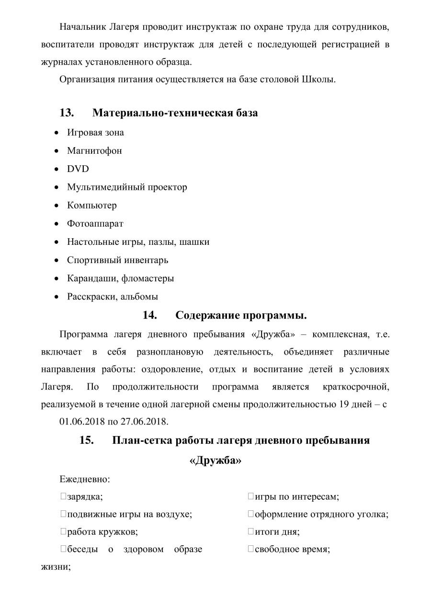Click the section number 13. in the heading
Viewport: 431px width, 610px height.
click(x=67, y=113)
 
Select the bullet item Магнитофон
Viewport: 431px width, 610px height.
click(x=94, y=150)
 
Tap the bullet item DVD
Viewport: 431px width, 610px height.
click(x=78, y=169)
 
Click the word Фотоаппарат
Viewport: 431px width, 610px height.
click(x=95, y=224)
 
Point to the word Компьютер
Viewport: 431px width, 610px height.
click(x=91, y=206)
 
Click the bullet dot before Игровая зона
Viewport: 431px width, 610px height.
click(x=57, y=133)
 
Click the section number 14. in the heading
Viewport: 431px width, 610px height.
click(x=150, y=316)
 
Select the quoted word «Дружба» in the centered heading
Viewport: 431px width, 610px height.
click(x=215, y=461)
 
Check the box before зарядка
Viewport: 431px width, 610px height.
click(x=63, y=497)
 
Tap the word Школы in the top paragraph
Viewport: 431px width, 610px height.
click(x=319, y=80)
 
